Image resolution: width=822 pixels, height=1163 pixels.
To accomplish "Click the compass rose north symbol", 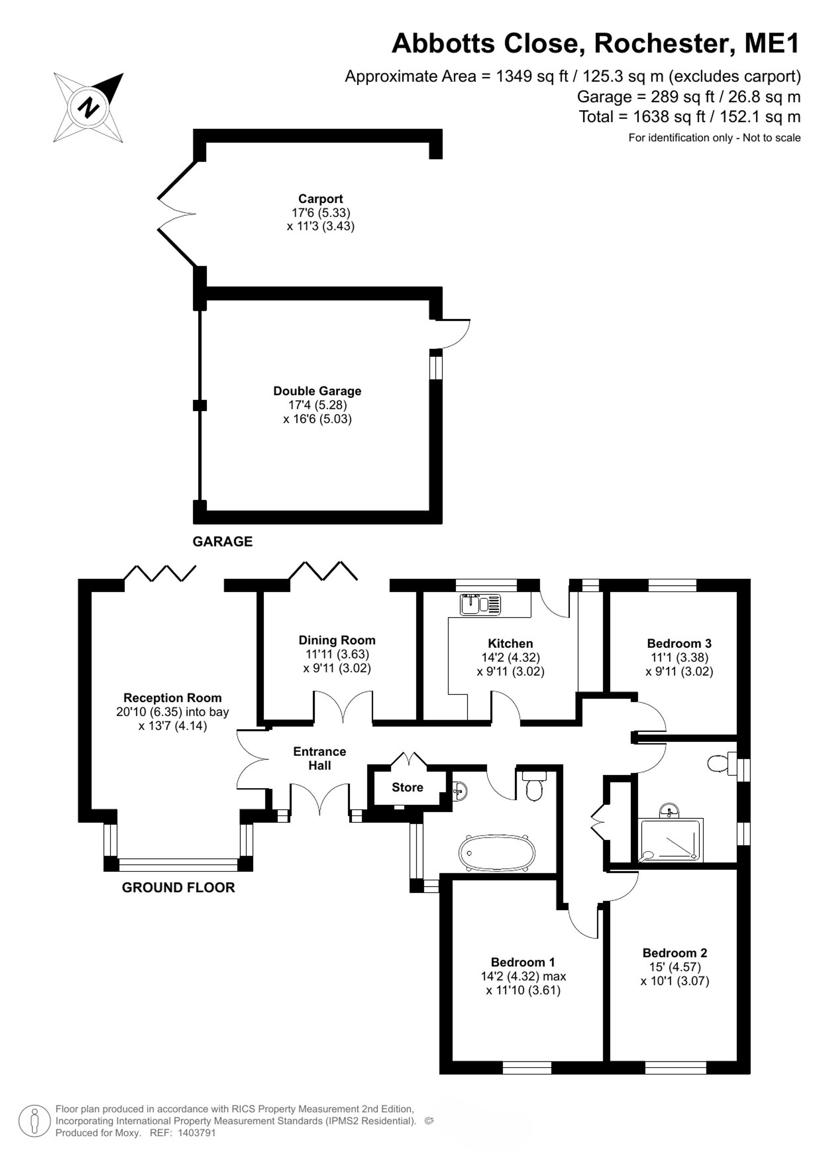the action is tap(89, 107).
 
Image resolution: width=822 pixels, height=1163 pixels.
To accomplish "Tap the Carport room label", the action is tap(321, 199).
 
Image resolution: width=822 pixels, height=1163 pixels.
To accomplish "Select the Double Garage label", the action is tap(317, 391).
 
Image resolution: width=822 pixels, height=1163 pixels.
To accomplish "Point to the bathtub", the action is tap(496, 853).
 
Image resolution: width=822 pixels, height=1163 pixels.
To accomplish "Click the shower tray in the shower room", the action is tap(671, 840).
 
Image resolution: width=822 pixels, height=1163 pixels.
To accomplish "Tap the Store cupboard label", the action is tap(407, 787).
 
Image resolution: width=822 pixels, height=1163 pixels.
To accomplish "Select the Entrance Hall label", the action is tap(319, 758).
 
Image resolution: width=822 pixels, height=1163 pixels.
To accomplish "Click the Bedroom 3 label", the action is tap(679, 643).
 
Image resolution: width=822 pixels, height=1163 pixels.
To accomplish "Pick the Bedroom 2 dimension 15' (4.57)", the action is tap(675, 966).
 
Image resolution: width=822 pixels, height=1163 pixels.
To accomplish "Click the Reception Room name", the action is tap(173, 698).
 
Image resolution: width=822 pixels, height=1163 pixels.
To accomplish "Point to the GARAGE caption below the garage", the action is tap(222, 542).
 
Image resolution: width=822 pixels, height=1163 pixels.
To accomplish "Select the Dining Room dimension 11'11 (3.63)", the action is tap(337, 654).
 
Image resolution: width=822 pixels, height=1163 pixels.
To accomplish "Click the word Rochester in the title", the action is tap(660, 43).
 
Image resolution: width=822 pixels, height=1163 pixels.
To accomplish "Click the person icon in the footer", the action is tap(35, 1121).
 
